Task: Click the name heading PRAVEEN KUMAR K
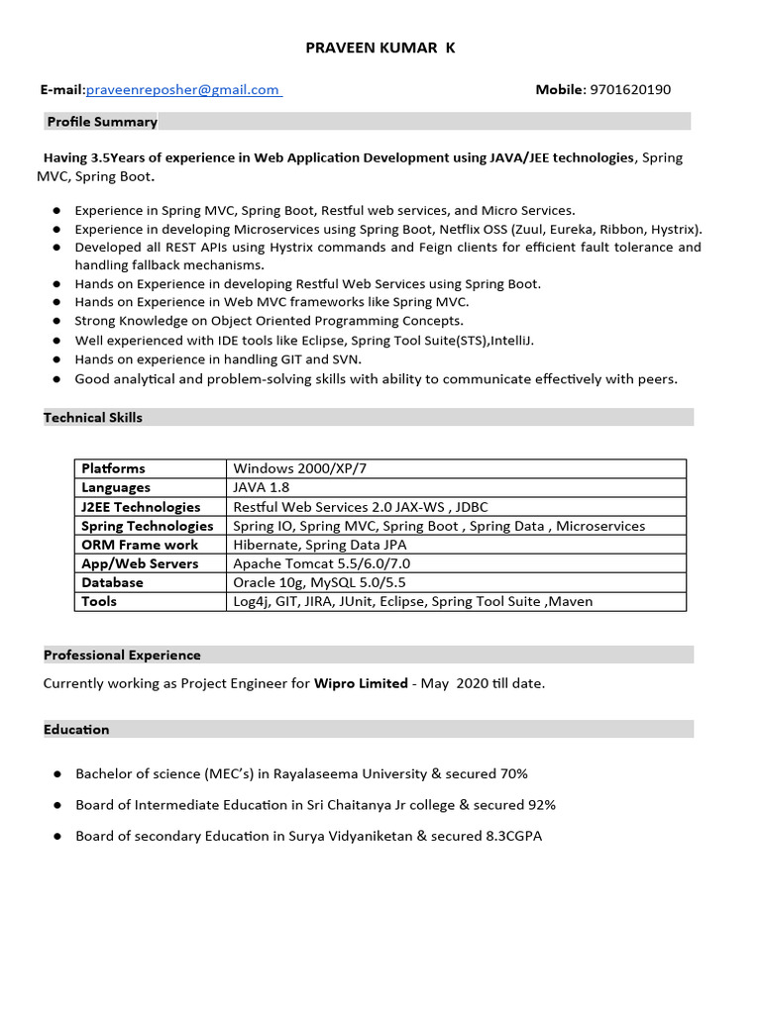click(380, 48)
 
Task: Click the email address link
click(183, 90)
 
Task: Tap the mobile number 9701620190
click(630, 90)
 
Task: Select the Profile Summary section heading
click(101, 122)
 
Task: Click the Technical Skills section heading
click(93, 418)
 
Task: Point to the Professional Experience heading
click(122, 655)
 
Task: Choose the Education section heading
click(76, 730)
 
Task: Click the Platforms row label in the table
click(113, 468)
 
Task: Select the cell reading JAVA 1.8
click(262, 487)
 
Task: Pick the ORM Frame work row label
click(140, 545)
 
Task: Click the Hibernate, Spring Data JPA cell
click(320, 545)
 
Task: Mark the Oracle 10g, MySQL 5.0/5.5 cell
click(319, 582)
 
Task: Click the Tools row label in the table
click(99, 601)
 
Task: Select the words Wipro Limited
click(361, 683)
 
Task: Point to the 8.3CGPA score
click(514, 837)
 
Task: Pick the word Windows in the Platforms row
click(262, 468)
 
